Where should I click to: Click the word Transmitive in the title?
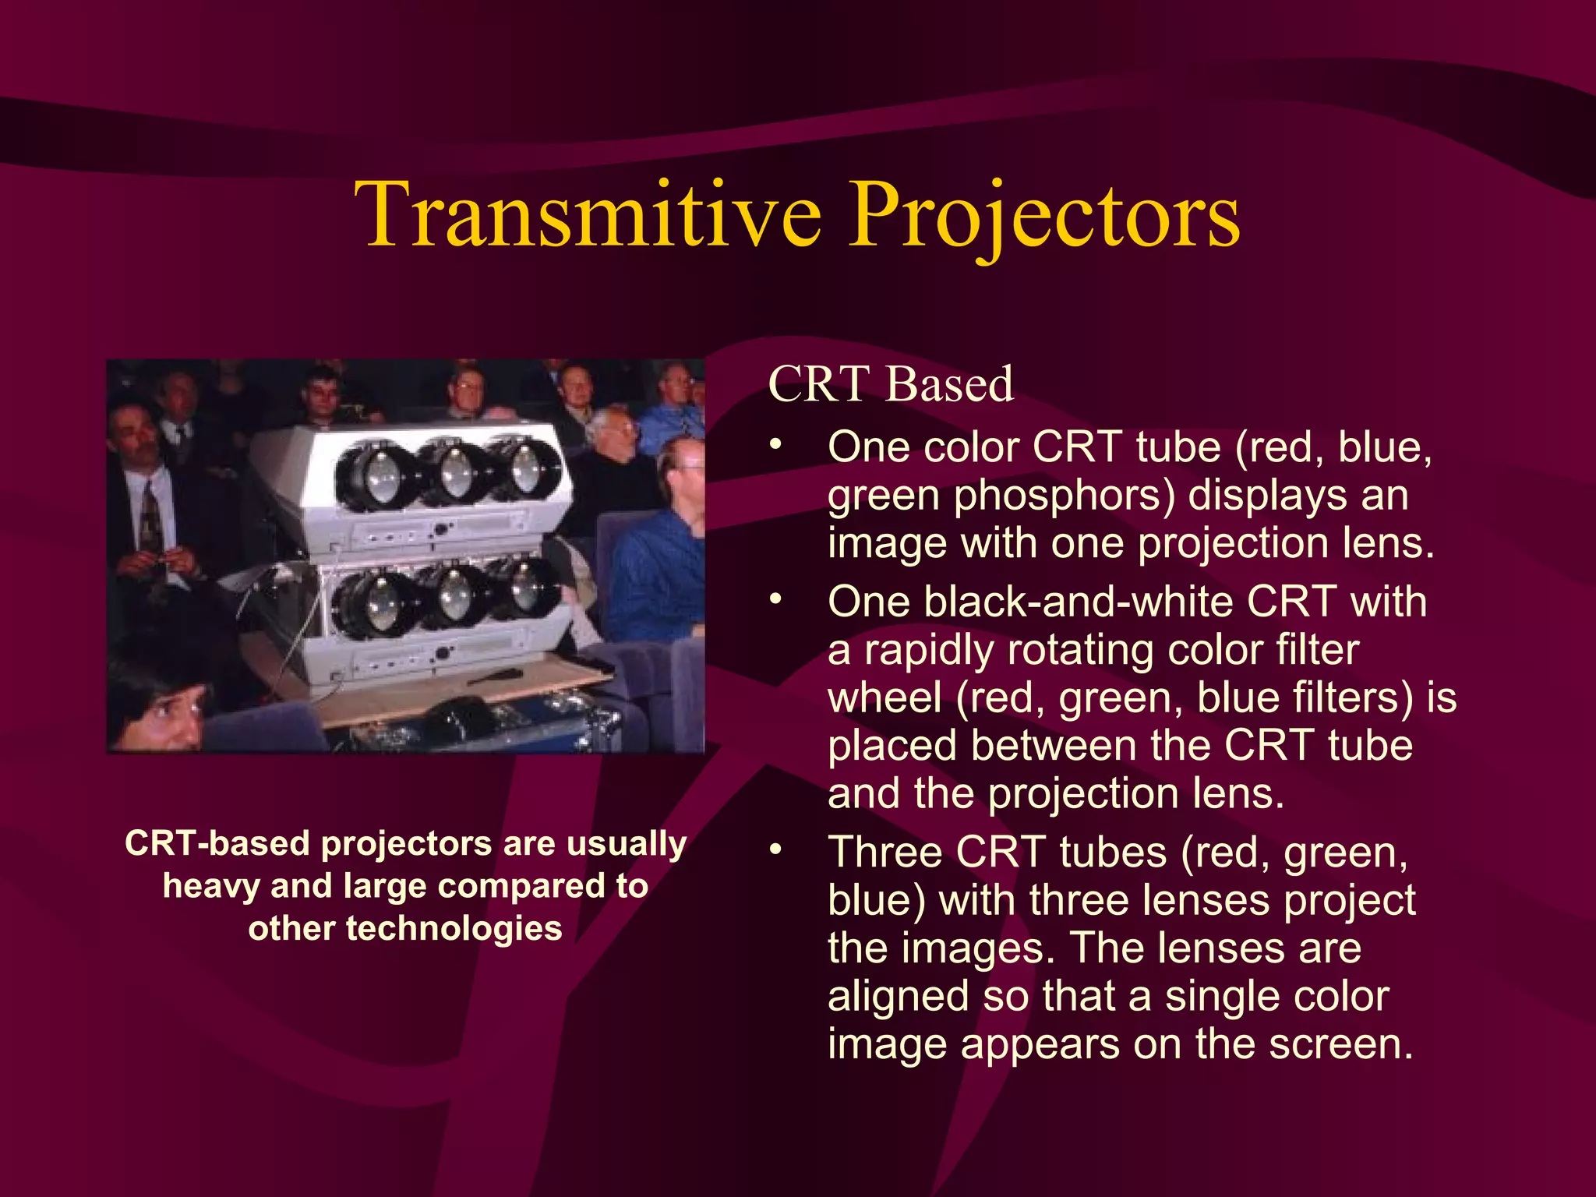click(x=588, y=214)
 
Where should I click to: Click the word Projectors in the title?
click(x=1044, y=214)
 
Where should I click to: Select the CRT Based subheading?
click(x=890, y=384)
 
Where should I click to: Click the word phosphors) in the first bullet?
click(x=1064, y=496)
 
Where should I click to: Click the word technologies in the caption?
click(x=454, y=929)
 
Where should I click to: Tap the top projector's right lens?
click(x=526, y=468)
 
